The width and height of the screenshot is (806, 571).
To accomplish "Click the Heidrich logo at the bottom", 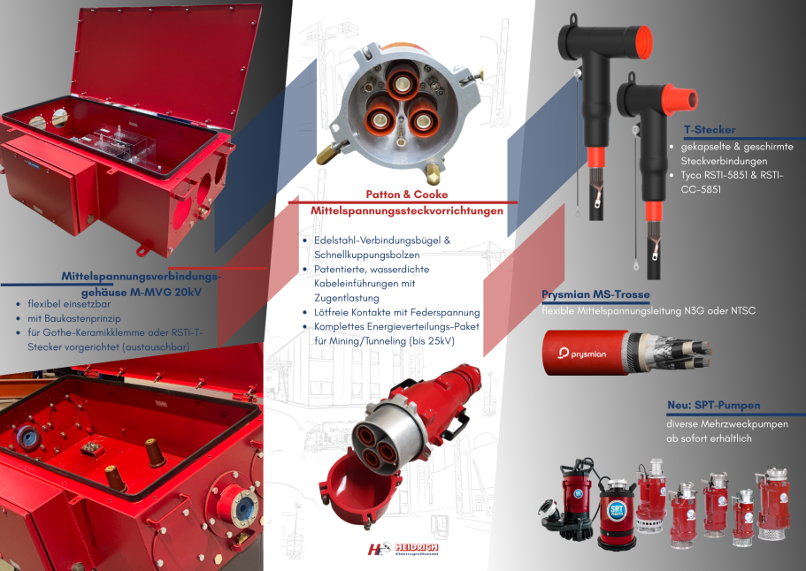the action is [x=403, y=550].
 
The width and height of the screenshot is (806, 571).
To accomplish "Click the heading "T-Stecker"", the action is [x=710, y=130].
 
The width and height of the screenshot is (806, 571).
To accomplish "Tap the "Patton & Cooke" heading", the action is [x=407, y=194].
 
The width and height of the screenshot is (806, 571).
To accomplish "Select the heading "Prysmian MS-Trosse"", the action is [x=595, y=294].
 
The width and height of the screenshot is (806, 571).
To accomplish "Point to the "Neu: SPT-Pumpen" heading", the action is [x=713, y=405].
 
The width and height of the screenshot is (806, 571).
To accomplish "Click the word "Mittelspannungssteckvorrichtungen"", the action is [x=407, y=211].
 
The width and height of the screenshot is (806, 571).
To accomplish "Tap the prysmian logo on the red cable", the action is [x=582, y=354].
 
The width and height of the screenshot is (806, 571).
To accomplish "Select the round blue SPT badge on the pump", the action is [x=617, y=510].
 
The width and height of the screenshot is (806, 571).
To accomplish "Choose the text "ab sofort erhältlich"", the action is [x=709, y=438].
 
